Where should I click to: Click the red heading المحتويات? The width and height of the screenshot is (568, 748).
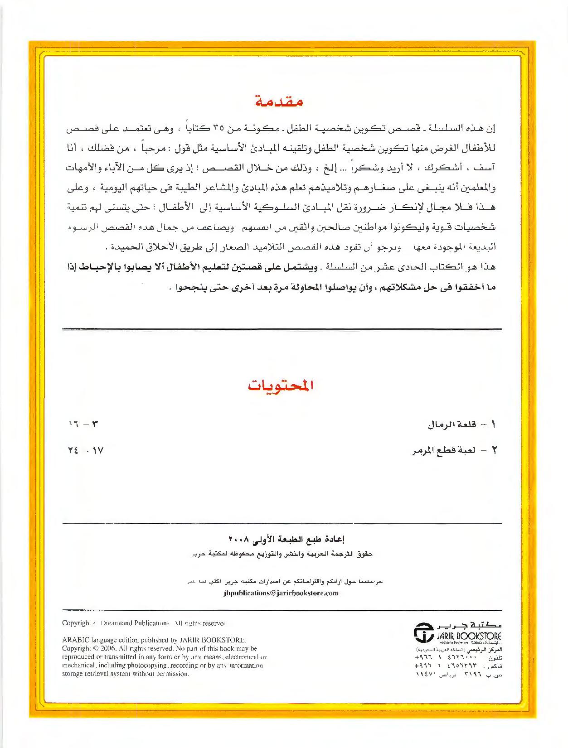tap(281, 386)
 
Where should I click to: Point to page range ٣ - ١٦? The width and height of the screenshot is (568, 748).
tap(83, 425)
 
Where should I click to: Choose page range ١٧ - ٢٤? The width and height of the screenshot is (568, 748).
tap(85, 451)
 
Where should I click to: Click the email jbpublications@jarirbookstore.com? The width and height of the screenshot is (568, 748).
tap(281, 594)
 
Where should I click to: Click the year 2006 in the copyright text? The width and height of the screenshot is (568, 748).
tap(100, 648)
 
